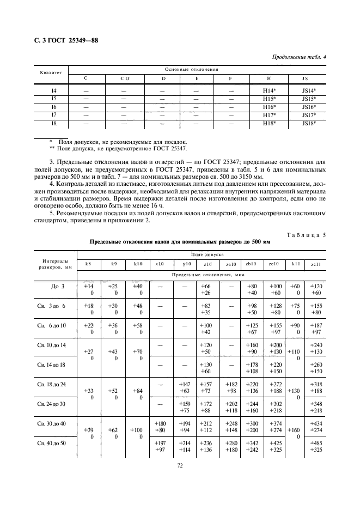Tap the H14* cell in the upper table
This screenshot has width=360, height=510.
270,90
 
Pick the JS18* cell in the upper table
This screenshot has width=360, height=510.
308,124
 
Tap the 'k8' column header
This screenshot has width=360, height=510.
88,264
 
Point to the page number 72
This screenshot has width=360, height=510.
179,466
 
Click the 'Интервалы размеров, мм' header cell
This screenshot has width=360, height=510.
55,264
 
